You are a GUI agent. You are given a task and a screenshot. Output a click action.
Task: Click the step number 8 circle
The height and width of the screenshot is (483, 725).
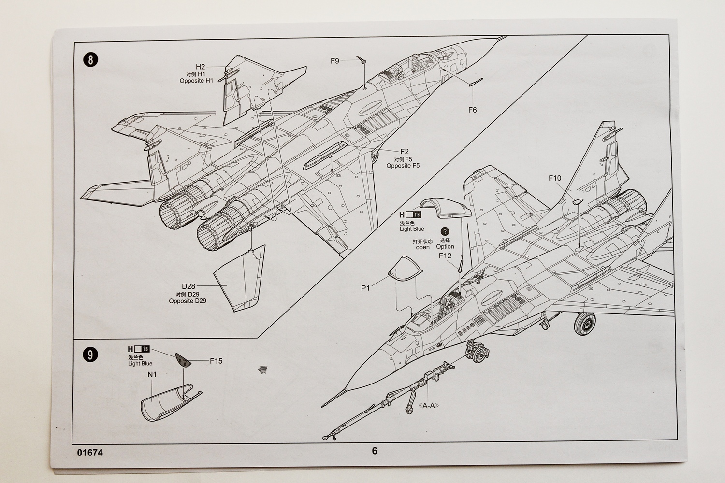(90, 60)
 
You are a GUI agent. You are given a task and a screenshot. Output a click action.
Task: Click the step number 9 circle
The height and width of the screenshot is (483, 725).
(90, 355)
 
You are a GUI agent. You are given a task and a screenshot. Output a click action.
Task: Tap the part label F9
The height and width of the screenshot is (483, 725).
(334, 61)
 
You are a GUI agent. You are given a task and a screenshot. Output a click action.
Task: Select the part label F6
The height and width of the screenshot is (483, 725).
(473, 110)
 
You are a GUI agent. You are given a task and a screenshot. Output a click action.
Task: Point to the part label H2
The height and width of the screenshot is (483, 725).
(201, 67)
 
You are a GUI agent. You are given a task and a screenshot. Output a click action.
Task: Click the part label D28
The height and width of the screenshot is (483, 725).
(188, 286)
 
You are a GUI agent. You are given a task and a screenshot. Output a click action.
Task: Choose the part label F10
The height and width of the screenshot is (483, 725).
(555, 178)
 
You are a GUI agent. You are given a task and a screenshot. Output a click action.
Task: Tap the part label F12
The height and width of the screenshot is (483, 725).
(445, 256)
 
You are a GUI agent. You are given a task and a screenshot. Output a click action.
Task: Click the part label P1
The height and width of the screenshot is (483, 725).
(365, 288)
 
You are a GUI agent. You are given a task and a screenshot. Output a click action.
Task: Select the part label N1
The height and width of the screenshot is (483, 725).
(152, 375)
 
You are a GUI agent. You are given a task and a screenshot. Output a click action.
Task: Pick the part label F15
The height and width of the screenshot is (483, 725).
(216, 361)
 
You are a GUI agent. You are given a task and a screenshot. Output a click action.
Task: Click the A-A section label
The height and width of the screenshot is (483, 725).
(429, 406)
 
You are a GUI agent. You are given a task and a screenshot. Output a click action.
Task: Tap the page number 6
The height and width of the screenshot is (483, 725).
(375, 451)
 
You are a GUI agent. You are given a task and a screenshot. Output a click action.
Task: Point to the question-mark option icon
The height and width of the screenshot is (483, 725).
(445, 231)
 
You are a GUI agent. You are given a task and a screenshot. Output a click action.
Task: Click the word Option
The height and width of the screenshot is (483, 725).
(445, 246)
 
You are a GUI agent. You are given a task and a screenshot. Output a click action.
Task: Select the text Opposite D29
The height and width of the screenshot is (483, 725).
(188, 301)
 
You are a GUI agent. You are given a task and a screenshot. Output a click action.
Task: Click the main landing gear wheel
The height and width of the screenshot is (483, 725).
(585, 324)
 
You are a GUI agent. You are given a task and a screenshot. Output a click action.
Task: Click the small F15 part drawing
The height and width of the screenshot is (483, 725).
(183, 360)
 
